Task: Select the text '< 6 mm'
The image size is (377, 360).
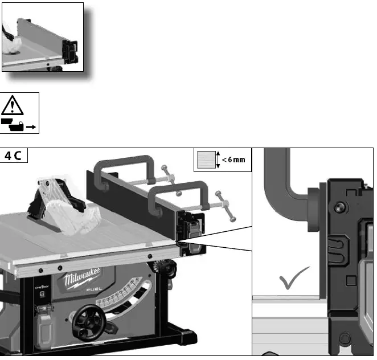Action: pos(233,159)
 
